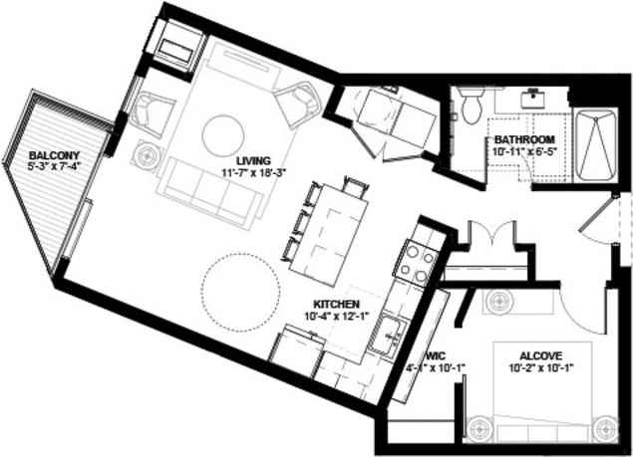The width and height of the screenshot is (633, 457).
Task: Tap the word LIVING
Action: [x=253, y=160]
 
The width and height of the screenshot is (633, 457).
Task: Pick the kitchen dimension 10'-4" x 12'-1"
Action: [x=337, y=318]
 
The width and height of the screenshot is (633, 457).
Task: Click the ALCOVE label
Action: [x=541, y=353]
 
